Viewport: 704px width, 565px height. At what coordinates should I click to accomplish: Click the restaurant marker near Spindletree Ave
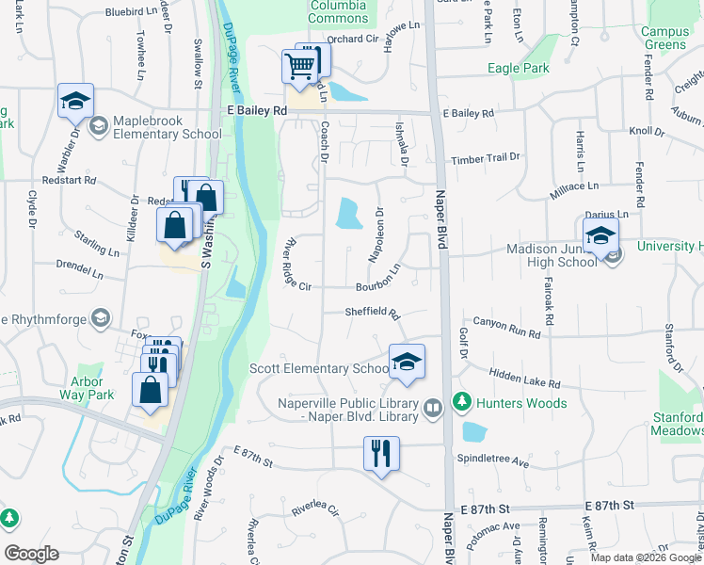[381, 453]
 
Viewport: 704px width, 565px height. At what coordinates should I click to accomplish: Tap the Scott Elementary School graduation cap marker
[406, 362]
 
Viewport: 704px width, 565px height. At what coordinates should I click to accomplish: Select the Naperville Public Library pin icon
[433, 408]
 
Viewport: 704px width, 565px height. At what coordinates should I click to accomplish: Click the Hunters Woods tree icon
[461, 402]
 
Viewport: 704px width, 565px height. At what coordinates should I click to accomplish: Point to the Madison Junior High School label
[552, 255]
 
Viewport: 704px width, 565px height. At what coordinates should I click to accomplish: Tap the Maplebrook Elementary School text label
[167, 127]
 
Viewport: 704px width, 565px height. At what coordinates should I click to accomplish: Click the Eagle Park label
[519, 68]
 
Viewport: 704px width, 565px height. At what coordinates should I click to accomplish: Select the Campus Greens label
[664, 38]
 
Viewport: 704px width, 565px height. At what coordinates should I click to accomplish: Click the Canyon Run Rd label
[505, 328]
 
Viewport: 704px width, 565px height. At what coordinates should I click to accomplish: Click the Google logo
[31, 554]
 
